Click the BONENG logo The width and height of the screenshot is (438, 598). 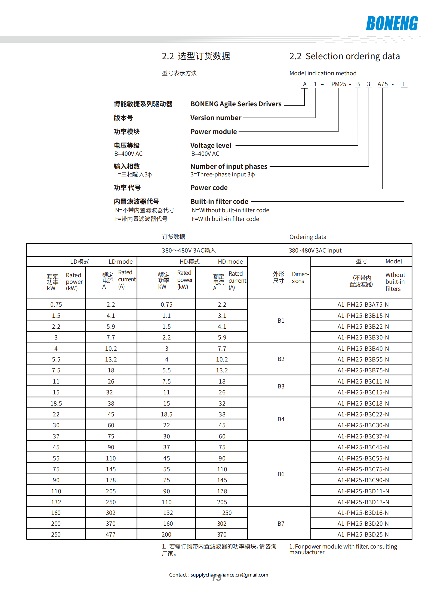pyautogui.click(x=392, y=23)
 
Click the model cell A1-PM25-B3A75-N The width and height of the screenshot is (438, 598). pyautogui.click(x=363, y=304)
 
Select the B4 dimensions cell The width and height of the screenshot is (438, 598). pyautogui.click(x=281, y=419)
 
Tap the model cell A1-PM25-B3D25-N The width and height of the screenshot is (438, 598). pyautogui.click(x=363, y=534)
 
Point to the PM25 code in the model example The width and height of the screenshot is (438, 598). pyautogui.click(x=338, y=84)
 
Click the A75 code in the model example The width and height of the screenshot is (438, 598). pyautogui.click(x=382, y=84)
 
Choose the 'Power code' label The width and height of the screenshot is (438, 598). pyautogui.click(x=209, y=188)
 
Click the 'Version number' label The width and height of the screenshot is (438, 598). pyautogui.click(x=216, y=118)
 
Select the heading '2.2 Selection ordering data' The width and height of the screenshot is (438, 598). pyautogui.click(x=344, y=56)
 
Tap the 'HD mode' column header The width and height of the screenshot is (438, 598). pyautogui.click(x=230, y=261)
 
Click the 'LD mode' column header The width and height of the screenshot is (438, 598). pyautogui.click(x=121, y=261)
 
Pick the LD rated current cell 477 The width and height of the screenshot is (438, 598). pyautogui.click(x=111, y=534)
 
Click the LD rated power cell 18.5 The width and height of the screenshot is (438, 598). pyautogui.click(x=56, y=403)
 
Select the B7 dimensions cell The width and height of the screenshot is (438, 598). pyautogui.click(x=281, y=524)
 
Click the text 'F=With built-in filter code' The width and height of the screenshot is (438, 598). pyautogui.click(x=225, y=219)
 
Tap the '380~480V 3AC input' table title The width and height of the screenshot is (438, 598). pyautogui.click(x=315, y=250)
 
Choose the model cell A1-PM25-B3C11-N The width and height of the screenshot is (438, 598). pyautogui.click(x=363, y=381)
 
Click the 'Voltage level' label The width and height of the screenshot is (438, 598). pyautogui.click(x=211, y=145)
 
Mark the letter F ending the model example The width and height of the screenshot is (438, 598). pyautogui.click(x=404, y=84)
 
